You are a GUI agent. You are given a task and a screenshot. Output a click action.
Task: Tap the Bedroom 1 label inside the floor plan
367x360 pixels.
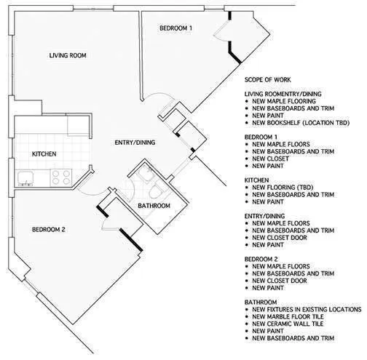[x=175, y=28]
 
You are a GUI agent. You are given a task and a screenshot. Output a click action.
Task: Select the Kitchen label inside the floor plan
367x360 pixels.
[x=44, y=154]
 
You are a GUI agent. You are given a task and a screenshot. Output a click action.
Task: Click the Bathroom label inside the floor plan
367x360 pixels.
[x=154, y=206]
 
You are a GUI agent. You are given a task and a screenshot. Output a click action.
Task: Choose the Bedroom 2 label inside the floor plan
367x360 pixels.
[x=49, y=230]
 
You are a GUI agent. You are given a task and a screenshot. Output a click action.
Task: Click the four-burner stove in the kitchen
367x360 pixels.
[x=60, y=175]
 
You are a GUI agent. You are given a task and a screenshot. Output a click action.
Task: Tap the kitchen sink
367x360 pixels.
[x=27, y=175]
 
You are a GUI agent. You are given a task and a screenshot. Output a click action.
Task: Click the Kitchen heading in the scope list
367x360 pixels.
[x=257, y=179]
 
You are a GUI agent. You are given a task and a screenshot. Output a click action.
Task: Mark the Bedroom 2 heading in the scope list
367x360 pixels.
[x=262, y=258]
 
